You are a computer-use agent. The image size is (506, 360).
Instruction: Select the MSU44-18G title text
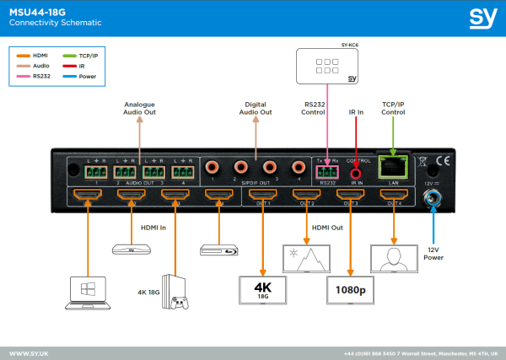pyautogui.click(x=35, y=11)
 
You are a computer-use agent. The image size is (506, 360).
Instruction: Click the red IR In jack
pyautogui.click(x=356, y=168)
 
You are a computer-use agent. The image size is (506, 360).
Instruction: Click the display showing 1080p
pyautogui.click(x=348, y=289)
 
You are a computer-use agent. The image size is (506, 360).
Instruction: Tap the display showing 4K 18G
pyautogui.click(x=262, y=287)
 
